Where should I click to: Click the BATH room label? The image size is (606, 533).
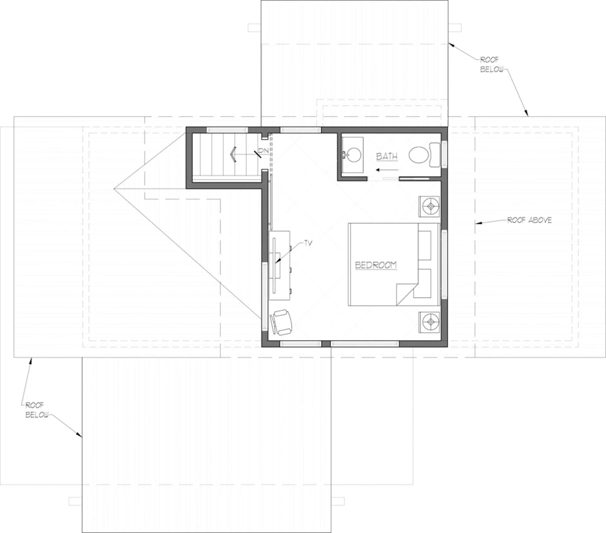pyautogui.click(x=387, y=156)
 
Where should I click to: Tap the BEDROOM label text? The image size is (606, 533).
pyautogui.click(x=376, y=265)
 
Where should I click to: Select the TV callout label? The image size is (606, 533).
pyautogui.click(x=308, y=243)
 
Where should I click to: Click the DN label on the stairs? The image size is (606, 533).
pyautogui.click(x=264, y=151)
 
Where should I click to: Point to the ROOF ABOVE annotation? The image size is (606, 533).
pyautogui.click(x=529, y=220)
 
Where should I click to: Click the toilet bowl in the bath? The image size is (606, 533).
pyautogui.click(x=418, y=155)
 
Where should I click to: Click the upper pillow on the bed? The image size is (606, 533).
pyautogui.click(x=425, y=245)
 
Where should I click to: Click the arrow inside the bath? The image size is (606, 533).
pyautogui.click(x=387, y=170)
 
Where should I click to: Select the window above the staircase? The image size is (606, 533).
pyautogui.click(x=227, y=130)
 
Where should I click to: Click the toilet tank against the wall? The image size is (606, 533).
pyautogui.click(x=435, y=155)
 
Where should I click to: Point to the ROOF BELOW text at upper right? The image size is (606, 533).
pyautogui.click(x=491, y=65)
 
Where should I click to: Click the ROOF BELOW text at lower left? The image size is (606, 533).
pyautogui.click(x=36, y=410)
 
